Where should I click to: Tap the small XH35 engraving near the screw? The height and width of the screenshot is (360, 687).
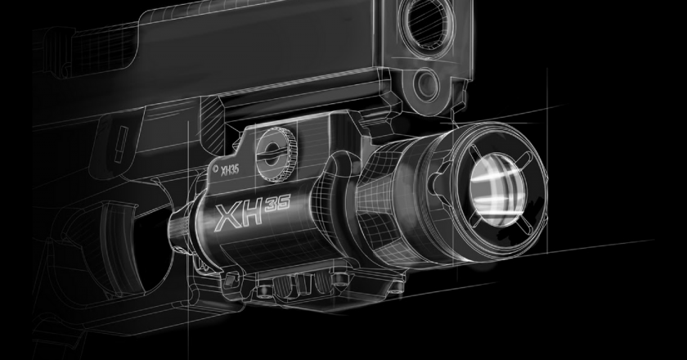point(230,169)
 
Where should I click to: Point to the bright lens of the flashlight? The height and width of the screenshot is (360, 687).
point(498,190)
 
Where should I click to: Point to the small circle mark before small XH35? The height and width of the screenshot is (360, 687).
point(215,168)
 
